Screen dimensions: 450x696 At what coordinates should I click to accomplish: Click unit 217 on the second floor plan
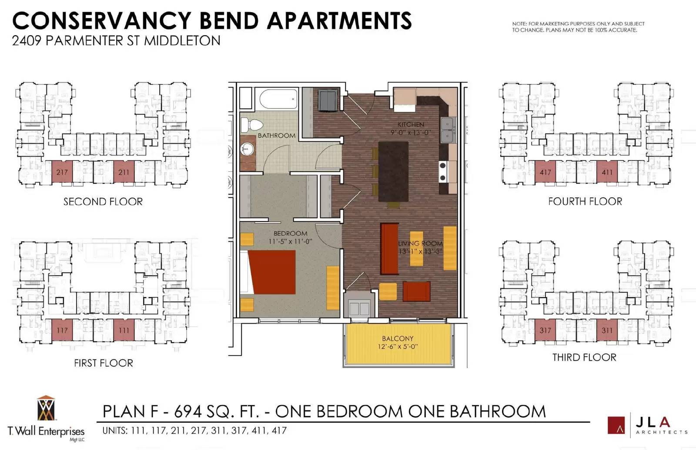[x=62, y=172]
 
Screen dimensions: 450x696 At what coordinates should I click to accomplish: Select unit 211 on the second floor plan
[x=124, y=172]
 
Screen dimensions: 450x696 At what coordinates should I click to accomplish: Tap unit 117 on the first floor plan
[x=62, y=330]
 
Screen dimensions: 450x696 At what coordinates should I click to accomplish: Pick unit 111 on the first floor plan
[x=124, y=330]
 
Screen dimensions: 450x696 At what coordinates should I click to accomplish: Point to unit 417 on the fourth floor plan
[x=545, y=172]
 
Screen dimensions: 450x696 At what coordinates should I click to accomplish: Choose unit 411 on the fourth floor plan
[x=607, y=172]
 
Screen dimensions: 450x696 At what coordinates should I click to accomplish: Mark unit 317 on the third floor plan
[x=545, y=330]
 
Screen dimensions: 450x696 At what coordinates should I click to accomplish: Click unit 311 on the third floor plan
[x=607, y=330]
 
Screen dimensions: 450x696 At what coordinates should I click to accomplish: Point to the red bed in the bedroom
[x=272, y=272]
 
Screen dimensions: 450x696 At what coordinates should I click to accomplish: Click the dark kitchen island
[x=393, y=171]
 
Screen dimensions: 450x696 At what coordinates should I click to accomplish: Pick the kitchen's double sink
[x=448, y=130]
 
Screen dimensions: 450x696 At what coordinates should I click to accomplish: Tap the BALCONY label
[x=398, y=338]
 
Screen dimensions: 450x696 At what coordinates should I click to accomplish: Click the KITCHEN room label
[x=411, y=124]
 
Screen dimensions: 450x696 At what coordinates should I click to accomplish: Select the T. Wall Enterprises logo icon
[x=46, y=408]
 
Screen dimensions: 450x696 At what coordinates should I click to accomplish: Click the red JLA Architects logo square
[x=616, y=425]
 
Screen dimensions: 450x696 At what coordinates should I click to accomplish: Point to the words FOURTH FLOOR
[x=585, y=201]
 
